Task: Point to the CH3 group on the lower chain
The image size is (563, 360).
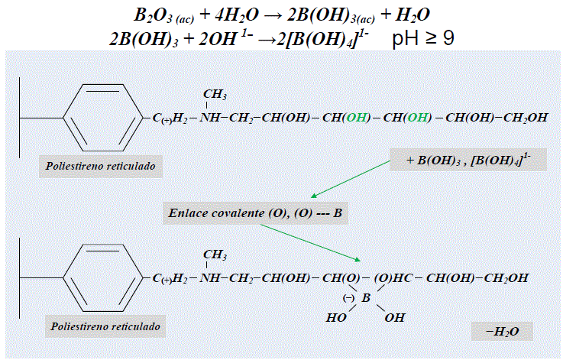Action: point(215,255)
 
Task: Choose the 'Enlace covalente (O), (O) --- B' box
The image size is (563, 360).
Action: point(257,213)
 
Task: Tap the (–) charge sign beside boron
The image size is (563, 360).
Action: point(347,298)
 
